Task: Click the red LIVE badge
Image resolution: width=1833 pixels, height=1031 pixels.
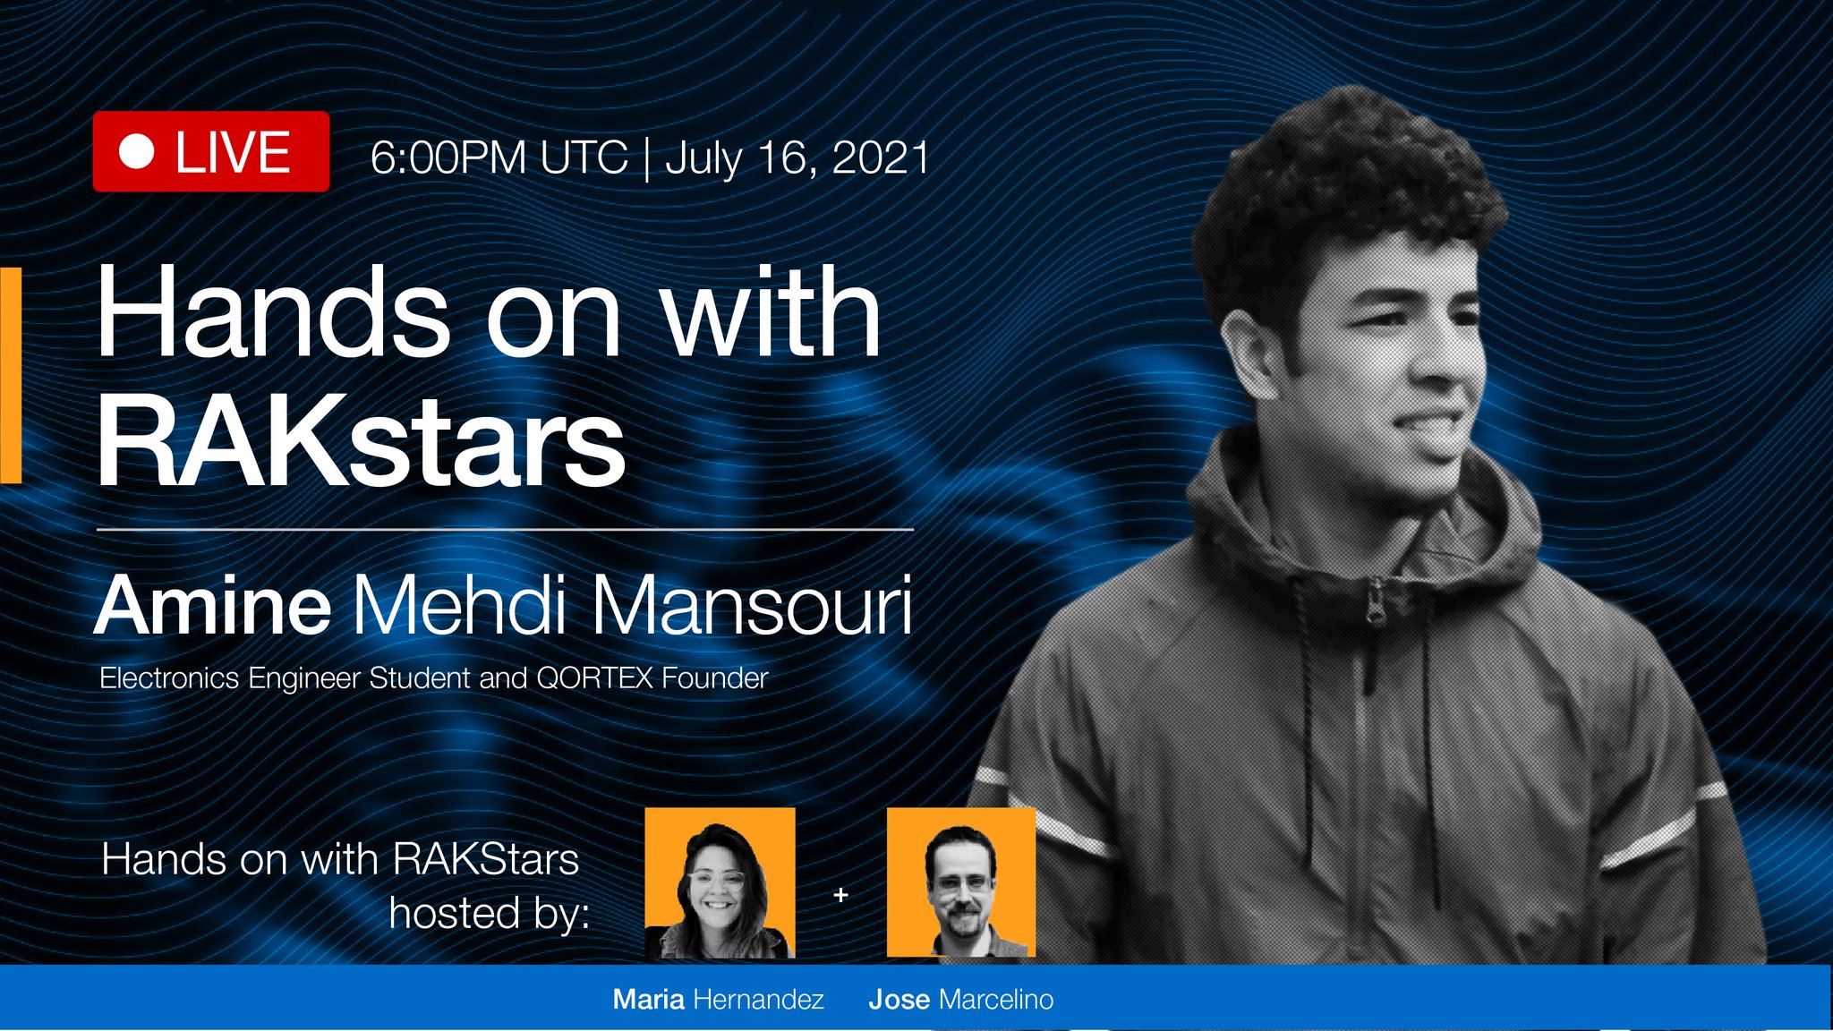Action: pyautogui.click(x=211, y=151)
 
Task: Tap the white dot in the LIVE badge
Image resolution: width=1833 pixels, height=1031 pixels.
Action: pyautogui.click(x=137, y=151)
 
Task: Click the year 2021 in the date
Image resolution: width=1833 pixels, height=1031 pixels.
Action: pyautogui.click(x=881, y=158)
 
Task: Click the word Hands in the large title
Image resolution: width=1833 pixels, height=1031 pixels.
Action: pyautogui.click(x=272, y=313)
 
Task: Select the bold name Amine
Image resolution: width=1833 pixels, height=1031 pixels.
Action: pyautogui.click(x=213, y=607)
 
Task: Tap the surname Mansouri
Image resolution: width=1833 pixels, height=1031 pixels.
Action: pyautogui.click(x=751, y=607)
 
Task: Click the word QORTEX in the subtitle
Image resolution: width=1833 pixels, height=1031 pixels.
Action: pyautogui.click(x=594, y=678)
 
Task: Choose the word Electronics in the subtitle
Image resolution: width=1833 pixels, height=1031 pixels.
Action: pyautogui.click(x=169, y=678)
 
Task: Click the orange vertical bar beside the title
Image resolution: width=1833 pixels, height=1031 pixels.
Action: pyautogui.click(x=11, y=376)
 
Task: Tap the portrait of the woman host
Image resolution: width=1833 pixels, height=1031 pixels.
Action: pyautogui.click(x=720, y=882)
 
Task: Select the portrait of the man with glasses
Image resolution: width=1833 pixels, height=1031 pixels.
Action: pyautogui.click(x=961, y=882)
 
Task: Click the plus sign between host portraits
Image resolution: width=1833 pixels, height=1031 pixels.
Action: pyautogui.click(x=840, y=894)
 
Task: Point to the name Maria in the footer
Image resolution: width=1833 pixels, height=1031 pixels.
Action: pyautogui.click(x=648, y=999)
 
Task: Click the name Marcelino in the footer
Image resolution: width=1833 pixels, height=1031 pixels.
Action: pyautogui.click(x=996, y=999)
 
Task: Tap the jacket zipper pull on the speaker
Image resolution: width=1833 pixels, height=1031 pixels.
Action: pyautogui.click(x=1374, y=601)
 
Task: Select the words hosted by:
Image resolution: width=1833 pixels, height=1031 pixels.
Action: pyautogui.click(x=489, y=914)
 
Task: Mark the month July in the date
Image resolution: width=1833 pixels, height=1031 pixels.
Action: pyautogui.click(x=703, y=158)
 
